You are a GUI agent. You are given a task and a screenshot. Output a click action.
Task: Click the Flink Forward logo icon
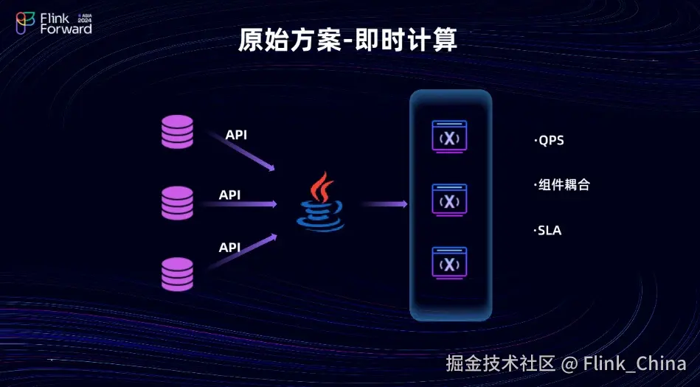coord(25,23)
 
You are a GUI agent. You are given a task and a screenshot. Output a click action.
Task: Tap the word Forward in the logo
coord(66,29)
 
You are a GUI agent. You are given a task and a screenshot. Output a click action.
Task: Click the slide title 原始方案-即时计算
coord(347,40)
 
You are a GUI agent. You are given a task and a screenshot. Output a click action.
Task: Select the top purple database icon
coord(177,132)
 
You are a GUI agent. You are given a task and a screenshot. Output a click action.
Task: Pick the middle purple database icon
coord(177,203)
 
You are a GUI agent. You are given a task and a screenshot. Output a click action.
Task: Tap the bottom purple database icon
coord(177,274)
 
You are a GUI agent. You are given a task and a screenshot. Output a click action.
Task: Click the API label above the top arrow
coord(236,135)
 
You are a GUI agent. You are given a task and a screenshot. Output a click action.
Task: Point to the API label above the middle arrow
coord(229,195)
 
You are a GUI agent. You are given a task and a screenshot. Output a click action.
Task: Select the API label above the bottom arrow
coord(229,247)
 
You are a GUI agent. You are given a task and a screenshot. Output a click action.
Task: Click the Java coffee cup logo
coord(321,202)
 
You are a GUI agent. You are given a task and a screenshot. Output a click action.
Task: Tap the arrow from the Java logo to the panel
coord(384,204)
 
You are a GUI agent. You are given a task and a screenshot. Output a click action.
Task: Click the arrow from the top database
coord(241,151)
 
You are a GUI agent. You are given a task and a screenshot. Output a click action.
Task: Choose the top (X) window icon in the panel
coord(449,136)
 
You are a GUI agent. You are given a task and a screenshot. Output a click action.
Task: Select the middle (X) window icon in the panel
coord(449,200)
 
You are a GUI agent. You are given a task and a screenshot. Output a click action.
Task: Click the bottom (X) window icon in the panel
coord(449,263)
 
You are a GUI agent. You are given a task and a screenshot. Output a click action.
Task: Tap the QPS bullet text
coord(549,141)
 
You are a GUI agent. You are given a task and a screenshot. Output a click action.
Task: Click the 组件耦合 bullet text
coord(562,184)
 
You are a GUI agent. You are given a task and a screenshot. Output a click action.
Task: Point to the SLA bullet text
coord(548,231)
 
